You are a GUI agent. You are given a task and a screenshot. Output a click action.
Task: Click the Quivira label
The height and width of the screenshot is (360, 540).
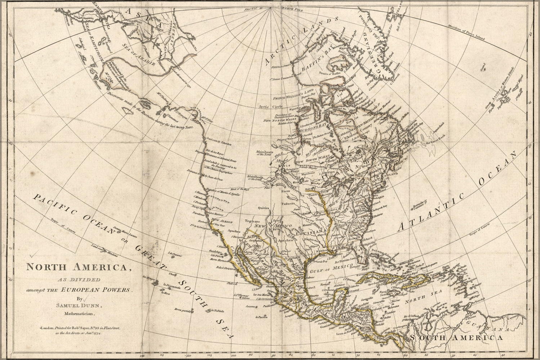(x=264, y=208)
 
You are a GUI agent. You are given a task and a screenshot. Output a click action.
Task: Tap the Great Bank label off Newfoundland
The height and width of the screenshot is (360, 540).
(x=433, y=143)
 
